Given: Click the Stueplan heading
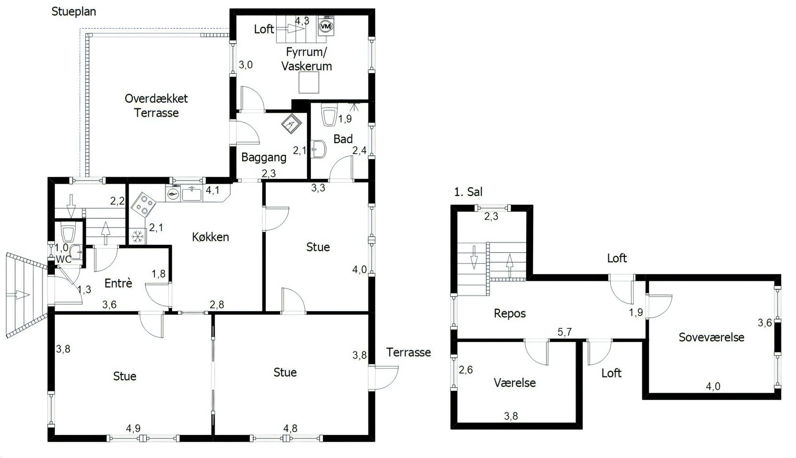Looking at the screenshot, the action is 74,12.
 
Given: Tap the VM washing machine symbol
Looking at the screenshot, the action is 326,26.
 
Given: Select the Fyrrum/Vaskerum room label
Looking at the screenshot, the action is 307,59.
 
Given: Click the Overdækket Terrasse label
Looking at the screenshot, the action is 156,105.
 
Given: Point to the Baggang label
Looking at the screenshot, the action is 264,157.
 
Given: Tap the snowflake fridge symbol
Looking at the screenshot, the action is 137,236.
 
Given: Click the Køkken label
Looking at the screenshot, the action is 210,237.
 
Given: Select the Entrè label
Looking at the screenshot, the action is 119,283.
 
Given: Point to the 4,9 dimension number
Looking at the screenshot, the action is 133,428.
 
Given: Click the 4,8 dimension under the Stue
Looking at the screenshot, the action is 290,428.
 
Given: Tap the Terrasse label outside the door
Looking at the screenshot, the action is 408,352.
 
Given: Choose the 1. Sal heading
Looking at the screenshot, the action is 468,191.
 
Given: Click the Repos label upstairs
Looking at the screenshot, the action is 510,314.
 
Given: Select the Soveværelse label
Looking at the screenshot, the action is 711,337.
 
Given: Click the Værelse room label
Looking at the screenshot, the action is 515,383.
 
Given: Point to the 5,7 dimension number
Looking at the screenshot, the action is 564,332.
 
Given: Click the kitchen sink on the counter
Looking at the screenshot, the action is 192,193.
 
